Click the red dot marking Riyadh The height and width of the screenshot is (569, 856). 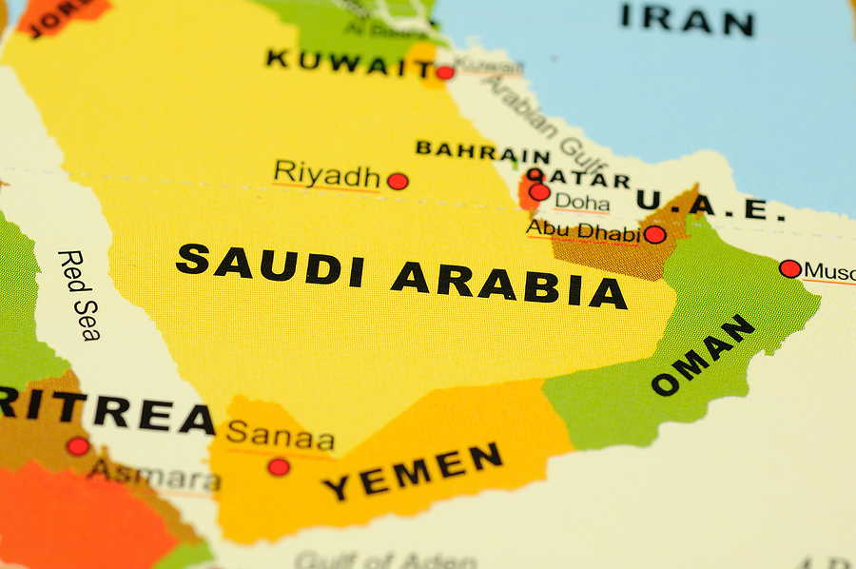tap(398, 181)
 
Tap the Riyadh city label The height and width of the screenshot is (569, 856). tap(326, 174)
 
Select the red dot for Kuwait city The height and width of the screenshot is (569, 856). tap(445, 72)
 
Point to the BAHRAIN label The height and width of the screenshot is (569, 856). tap(482, 150)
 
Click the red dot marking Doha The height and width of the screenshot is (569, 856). tap(539, 192)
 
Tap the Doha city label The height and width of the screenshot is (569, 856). tap(582, 202)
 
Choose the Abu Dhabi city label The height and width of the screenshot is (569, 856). tap(583, 230)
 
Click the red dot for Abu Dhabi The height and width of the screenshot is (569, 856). tap(654, 234)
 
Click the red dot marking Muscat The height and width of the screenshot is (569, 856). tap(789, 268)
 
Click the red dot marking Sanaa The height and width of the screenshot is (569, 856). tap(278, 466)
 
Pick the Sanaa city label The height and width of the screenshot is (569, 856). tap(281, 436)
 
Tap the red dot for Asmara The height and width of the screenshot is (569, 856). tap(78, 445)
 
